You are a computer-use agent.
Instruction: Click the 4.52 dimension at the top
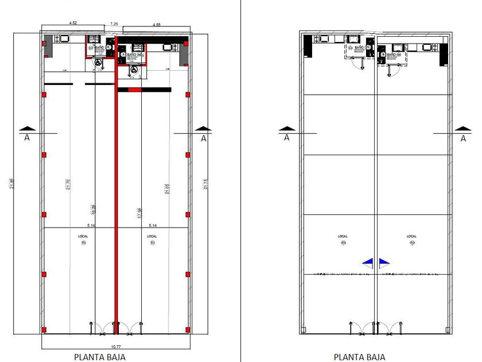73,22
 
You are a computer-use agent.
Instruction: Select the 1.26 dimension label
114,24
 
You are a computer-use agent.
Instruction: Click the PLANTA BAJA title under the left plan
100,356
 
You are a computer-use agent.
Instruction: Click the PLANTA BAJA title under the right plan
359,356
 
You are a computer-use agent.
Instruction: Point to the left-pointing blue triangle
368,263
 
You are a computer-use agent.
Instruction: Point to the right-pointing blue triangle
384,263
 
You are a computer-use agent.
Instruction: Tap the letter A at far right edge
464,138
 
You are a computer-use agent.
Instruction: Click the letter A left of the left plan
26,138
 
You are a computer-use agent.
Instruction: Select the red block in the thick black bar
134,90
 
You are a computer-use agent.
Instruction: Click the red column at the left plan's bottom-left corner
44,329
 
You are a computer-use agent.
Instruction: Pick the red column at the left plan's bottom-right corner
188,329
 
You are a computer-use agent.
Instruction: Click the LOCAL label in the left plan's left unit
83,236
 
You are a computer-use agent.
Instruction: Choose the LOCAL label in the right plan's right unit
411,236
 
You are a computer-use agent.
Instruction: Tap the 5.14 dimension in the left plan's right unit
153,226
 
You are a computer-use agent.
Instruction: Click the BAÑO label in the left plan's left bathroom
100,47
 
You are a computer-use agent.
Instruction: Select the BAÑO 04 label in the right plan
394,54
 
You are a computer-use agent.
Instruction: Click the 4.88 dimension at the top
156,25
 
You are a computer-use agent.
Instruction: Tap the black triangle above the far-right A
464,129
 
